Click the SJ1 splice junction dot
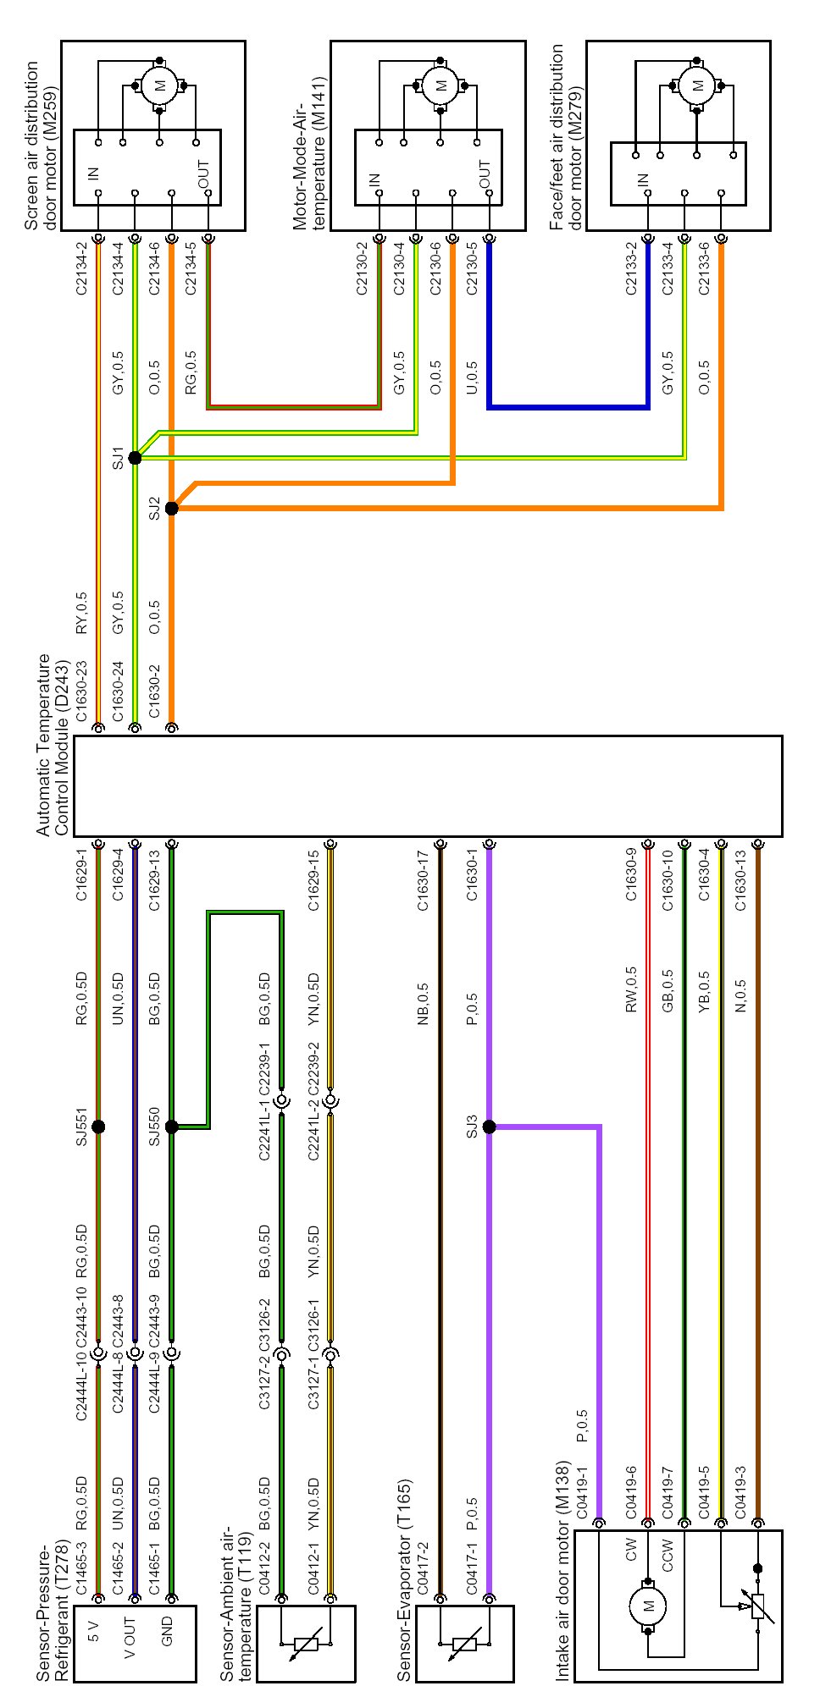[135, 458]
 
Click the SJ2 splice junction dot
[171, 509]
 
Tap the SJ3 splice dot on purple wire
[489, 1127]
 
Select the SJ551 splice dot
[98, 1127]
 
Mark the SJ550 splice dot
[171, 1127]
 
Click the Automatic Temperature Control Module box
[428, 786]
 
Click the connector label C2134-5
[191, 268]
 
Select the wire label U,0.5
[472, 377]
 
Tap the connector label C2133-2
[630, 268]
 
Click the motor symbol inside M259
[160, 85]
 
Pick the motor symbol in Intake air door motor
[648, 1606]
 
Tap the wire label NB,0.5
[423, 1004]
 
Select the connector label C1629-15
[313, 881]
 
